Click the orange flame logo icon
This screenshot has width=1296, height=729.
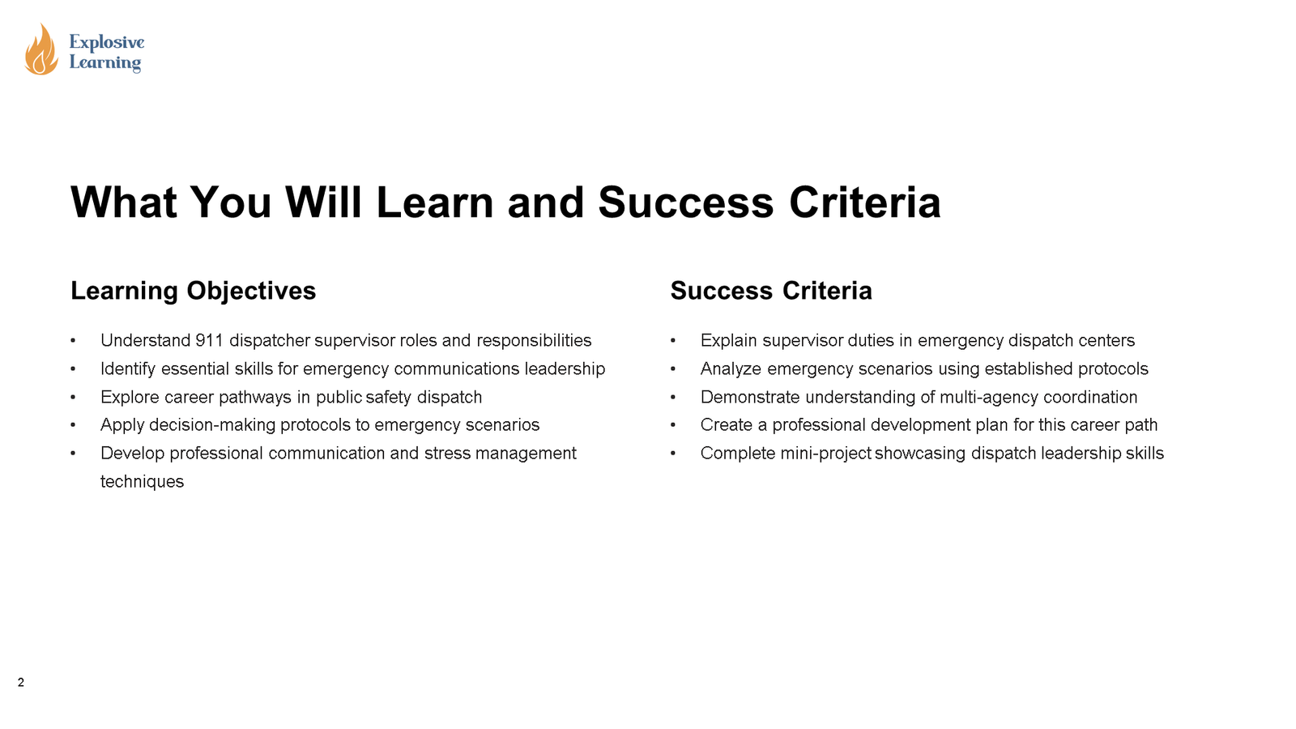click(x=41, y=50)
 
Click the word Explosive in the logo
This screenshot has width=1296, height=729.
click(x=107, y=42)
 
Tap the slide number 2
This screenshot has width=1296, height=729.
click(x=21, y=683)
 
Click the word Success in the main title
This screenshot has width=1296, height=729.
click(x=685, y=202)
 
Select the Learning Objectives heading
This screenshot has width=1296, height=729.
click(x=193, y=291)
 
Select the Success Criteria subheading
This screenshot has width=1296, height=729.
click(x=770, y=291)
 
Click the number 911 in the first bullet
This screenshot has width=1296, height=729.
click(x=209, y=340)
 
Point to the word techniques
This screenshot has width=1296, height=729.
click(x=142, y=482)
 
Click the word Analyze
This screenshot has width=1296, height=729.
click(x=731, y=369)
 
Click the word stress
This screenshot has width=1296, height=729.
click(x=447, y=453)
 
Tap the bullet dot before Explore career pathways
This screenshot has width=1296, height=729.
click(x=73, y=397)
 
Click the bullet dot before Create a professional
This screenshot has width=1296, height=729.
click(x=673, y=425)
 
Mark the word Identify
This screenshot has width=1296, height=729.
click(x=128, y=369)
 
